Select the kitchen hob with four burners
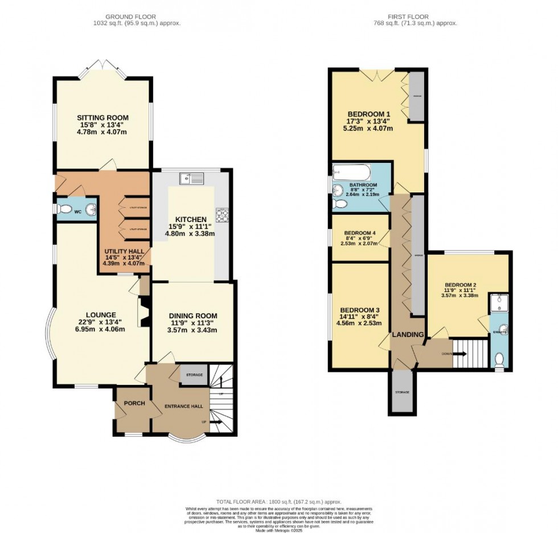tap(221, 215)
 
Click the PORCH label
tap(131, 403)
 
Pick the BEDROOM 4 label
tap(360, 232)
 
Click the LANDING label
tap(408, 334)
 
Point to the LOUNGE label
tap(101, 314)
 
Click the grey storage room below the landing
tap(403, 393)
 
